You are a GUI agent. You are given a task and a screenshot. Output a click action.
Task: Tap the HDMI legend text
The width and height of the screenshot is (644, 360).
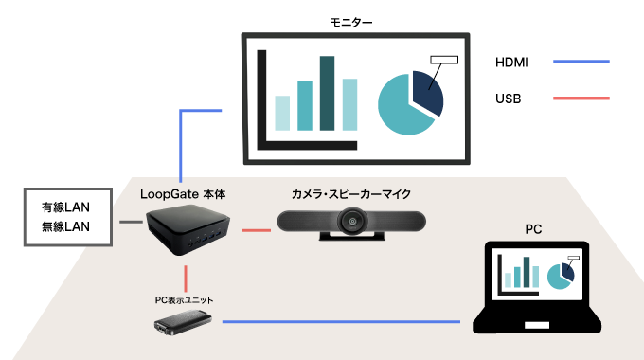pos(511,63)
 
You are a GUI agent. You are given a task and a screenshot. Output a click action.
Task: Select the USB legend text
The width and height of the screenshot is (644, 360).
pos(509,99)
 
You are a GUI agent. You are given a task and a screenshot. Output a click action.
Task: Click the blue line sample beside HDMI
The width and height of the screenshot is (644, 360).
pos(580,63)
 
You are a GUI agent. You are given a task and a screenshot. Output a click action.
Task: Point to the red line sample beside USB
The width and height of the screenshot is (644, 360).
pos(580,99)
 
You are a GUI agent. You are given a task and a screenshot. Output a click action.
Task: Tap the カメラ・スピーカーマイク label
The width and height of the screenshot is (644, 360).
pos(351,193)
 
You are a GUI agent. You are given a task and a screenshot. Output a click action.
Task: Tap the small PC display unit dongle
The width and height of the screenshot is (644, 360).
pos(183,323)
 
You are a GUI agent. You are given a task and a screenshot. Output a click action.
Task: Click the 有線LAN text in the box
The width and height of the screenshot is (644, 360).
pos(67,207)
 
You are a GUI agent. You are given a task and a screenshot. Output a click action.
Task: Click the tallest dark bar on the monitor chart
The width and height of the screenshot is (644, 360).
pos(327,93)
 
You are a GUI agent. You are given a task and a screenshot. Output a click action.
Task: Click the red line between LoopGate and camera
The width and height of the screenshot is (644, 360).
pos(257,229)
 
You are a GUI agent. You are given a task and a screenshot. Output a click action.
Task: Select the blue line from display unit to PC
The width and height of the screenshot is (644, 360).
pos(341,323)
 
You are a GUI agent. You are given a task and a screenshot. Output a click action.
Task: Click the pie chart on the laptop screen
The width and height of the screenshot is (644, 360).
pos(560,275)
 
